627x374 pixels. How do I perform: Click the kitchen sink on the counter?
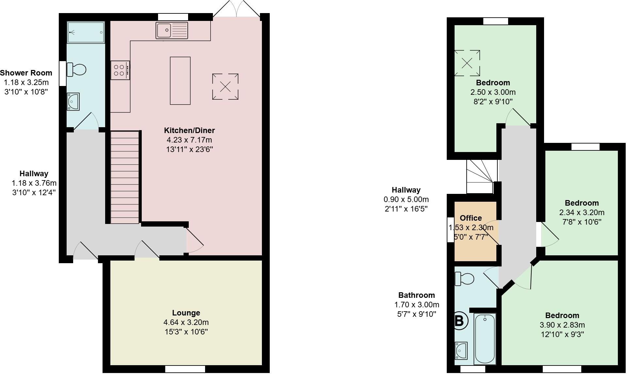172,30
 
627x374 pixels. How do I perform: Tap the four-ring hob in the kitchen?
120,70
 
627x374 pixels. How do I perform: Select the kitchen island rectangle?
180,81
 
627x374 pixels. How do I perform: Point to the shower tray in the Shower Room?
86,32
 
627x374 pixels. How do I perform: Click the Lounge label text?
186,313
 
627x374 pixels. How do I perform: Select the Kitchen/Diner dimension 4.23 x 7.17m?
189,140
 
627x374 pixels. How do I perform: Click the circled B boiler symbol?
459,321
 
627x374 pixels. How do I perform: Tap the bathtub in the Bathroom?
485,338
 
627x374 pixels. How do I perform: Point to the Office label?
471,218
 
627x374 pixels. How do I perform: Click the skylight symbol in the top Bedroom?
467,63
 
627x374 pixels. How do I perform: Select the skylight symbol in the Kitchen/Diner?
225,87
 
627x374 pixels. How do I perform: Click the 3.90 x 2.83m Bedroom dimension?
562,325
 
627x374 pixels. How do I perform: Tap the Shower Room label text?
26,73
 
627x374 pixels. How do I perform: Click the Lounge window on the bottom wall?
185,369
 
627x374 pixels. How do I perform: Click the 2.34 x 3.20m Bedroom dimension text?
582,212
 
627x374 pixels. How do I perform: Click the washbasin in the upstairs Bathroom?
461,350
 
